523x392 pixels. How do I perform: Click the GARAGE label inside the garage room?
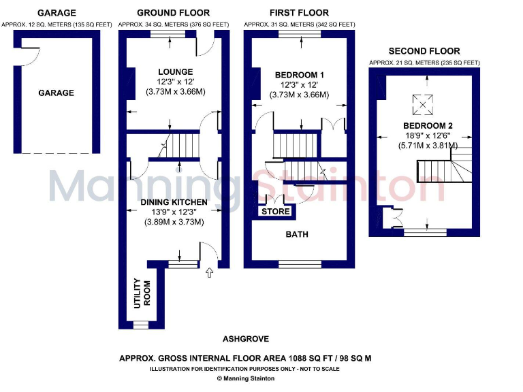pos(56,93)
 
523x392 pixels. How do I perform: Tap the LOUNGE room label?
pos(175,71)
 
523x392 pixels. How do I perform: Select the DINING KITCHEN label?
pos(174,202)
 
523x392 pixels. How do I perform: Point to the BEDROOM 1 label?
pos(299,74)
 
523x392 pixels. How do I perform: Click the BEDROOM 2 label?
pos(428,125)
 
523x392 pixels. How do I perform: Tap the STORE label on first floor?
pos(276,212)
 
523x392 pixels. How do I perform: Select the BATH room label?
pos(297,234)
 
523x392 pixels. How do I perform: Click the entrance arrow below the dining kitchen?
pos(209,274)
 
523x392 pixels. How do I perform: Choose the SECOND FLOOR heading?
pos(424,51)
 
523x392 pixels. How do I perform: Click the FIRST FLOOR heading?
pos(298,12)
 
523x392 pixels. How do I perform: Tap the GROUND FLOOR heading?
pos(173,12)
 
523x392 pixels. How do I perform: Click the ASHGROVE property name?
pos(245,339)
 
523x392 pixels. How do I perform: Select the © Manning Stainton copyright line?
pos(245,378)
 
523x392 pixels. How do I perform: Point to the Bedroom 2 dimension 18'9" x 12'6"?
pos(428,135)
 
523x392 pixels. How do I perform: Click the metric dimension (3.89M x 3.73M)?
pos(174,222)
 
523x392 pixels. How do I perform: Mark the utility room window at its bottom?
pos(140,325)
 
